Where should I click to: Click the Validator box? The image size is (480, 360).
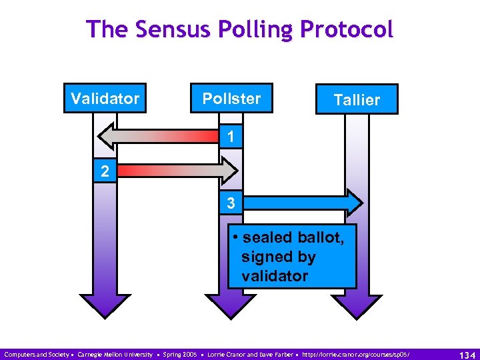pyautogui.click(x=105, y=99)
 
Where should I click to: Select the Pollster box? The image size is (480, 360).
pyautogui.click(x=231, y=99)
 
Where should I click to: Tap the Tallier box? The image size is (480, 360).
pyautogui.click(x=357, y=99)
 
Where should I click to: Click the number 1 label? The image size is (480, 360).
pyautogui.click(x=230, y=137)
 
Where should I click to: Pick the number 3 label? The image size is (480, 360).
pyautogui.click(x=230, y=203)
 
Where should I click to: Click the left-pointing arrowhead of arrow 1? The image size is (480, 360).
pyautogui.click(x=107, y=137)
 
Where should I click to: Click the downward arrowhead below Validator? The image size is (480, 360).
pyautogui.click(x=105, y=306)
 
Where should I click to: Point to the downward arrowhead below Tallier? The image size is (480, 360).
pyautogui.click(x=357, y=306)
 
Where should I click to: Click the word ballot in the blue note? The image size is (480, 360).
pyautogui.click(x=320, y=237)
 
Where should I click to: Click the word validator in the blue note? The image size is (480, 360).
pyautogui.click(x=275, y=276)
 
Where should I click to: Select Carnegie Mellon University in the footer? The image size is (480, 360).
pyautogui.click(x=115, y=353)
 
